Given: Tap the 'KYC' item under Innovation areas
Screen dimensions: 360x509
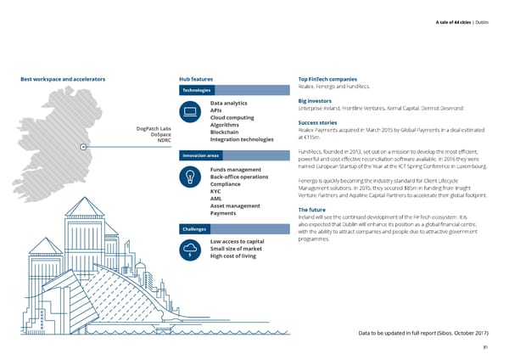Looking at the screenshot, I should tap(215, 191).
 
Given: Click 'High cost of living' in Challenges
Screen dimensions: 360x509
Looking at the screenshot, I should tap(232, 256).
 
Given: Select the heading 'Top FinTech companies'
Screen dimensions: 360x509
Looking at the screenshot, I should tap(333, 80).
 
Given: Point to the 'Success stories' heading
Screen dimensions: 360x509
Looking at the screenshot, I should tap(322, 123).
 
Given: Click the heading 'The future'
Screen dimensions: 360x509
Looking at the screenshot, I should tap(314, 210).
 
